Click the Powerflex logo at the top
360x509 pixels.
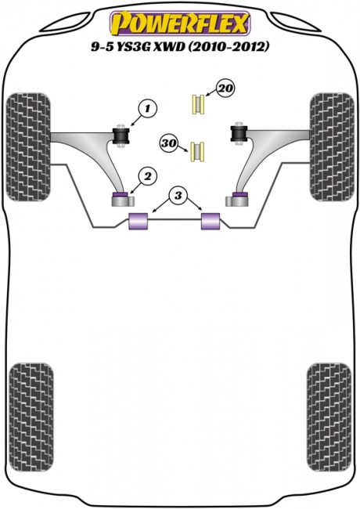point(180,23)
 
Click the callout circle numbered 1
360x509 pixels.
point(148,109)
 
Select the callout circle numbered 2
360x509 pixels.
point(148,176)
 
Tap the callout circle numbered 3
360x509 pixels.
point(178,196)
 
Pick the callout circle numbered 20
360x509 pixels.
point(225,88)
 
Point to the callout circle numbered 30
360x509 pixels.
point(168,143)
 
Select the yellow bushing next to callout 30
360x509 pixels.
point(197,152)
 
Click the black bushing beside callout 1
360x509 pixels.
point(121,136)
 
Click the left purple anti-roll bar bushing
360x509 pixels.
point(139,221)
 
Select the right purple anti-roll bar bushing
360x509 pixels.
point(211,221)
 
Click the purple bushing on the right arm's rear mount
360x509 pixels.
point(240,195)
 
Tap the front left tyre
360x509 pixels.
point(28,146)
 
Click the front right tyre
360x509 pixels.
point(332,146)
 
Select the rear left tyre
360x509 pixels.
point(31,417)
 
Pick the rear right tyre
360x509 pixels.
point(329,417)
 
